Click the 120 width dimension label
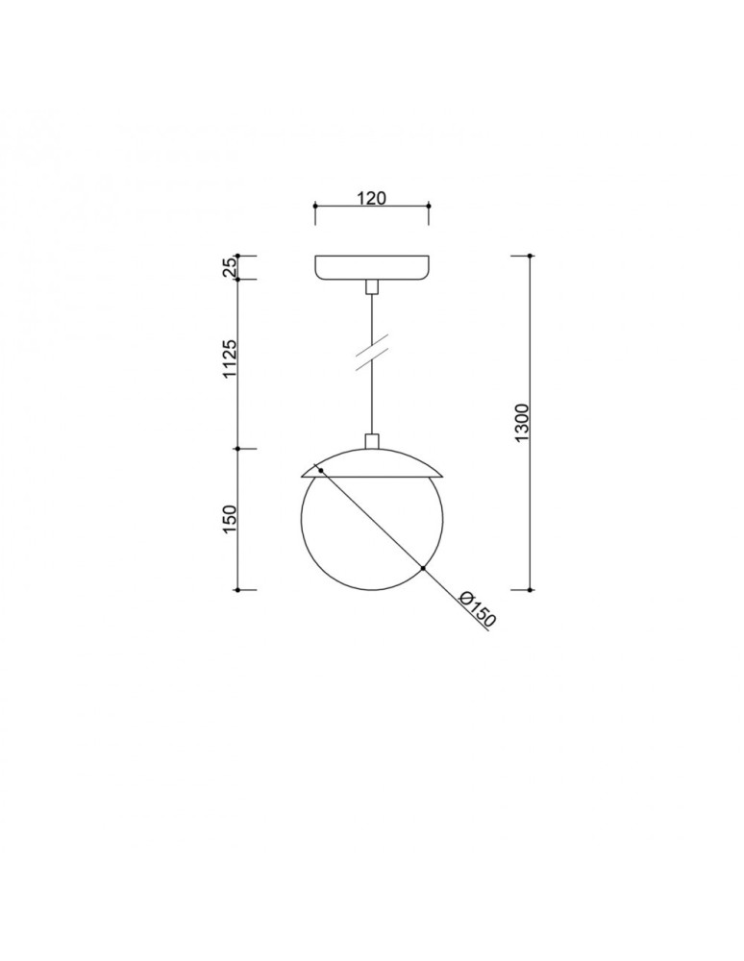371,198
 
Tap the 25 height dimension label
230,267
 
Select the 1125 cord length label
230,357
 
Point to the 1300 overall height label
521,423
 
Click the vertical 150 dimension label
230,519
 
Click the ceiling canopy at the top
372,267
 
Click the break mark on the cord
371,352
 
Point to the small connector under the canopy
372,286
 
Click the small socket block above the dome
372,441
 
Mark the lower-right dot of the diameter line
423,569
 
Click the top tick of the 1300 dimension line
530,256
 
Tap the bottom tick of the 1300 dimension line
530,589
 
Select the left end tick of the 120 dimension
315,207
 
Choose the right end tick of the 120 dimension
429,207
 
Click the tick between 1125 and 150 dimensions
238,448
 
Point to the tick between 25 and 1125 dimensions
238,280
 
